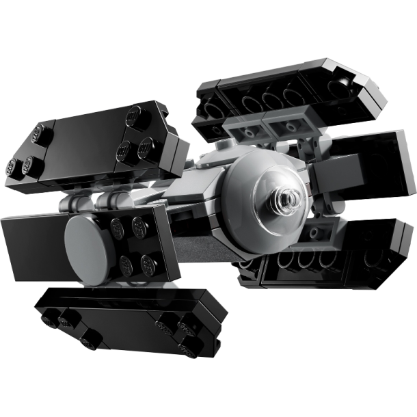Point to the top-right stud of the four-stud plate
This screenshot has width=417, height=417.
click(x=140, y=224)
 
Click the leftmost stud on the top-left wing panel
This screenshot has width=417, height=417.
click(x=14, y=166)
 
